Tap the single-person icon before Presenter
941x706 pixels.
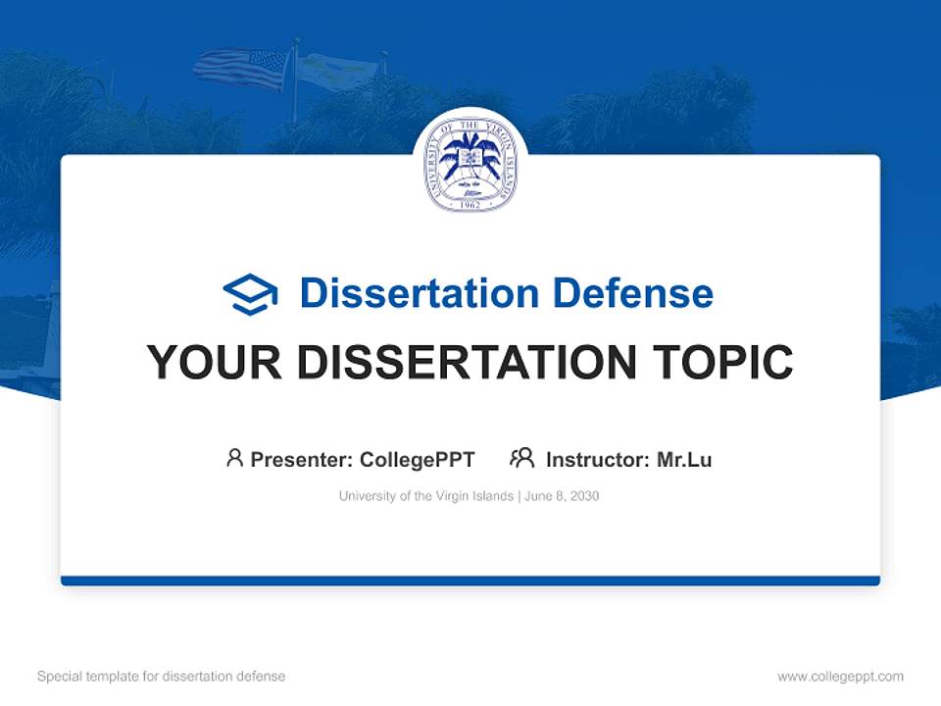tap(234, 458)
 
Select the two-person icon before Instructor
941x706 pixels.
tap(521, 458)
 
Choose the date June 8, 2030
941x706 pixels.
tap(562, 496)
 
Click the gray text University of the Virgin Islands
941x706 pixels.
tap(425, 496)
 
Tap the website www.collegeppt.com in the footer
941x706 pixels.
tap(840, 677)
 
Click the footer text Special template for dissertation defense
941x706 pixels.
tap(161, 677)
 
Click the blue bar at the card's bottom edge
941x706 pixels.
tap(470, 580)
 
